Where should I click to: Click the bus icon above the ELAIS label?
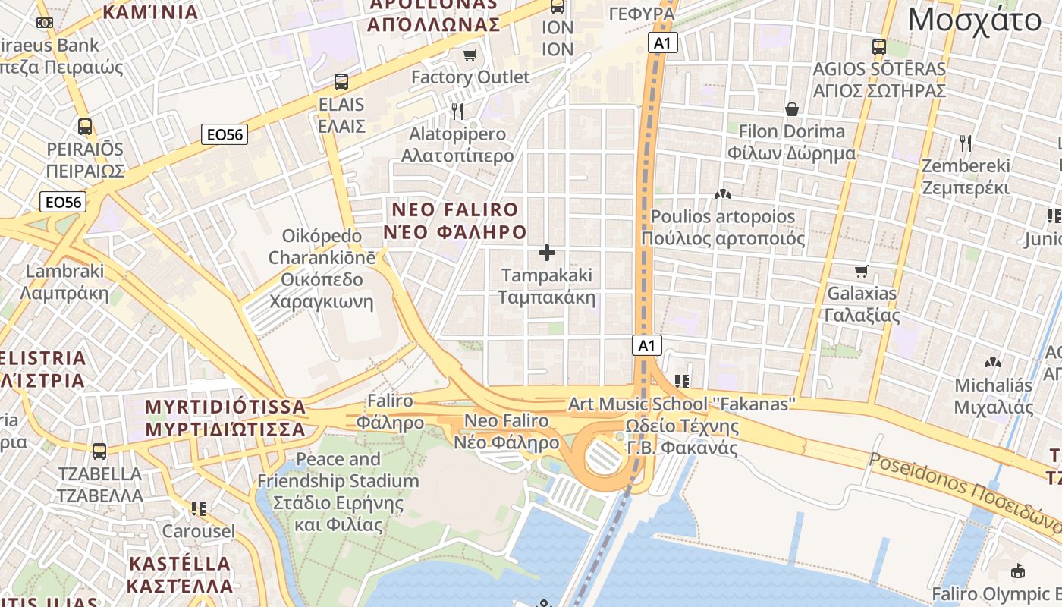tap(341, 82)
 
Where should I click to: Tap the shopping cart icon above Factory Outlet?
tap(470, 55)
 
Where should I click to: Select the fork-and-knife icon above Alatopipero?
tap(457, 112)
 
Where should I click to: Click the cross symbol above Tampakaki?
tap(546, 253)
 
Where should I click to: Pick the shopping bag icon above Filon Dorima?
tap(792, 109)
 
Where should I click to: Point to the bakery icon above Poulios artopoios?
tap(722, 195)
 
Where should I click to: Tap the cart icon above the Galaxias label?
tap(861, 271)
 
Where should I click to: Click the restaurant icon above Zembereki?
tap(965, 143)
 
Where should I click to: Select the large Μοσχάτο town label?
tap(974, 20)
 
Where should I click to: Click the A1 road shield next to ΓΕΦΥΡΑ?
tap(663, 42)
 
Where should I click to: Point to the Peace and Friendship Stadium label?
tap(338, 492)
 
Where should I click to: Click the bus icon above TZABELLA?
tap(99, 451)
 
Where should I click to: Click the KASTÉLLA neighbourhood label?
tap(180, 574)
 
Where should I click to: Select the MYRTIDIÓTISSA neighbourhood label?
tap(225, 418)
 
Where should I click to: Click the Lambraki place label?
tap(64, 281)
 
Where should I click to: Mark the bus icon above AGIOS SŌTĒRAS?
tap(879, 47)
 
